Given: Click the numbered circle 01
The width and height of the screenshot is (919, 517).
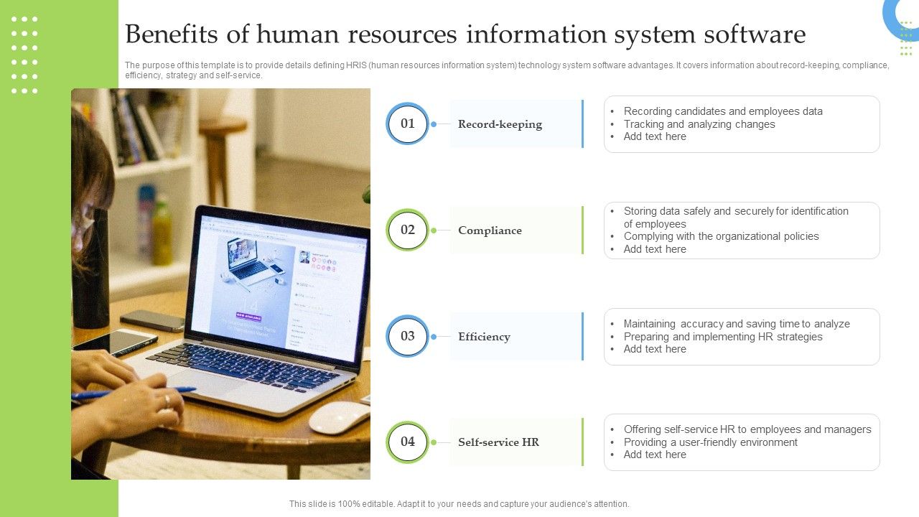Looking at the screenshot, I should click(408, 124).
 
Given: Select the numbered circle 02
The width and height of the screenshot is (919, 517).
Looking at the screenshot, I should click(408, 230).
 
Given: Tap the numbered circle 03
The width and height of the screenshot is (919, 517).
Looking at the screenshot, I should click(408, 336).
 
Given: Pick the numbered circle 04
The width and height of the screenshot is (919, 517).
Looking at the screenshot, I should click(408, 442).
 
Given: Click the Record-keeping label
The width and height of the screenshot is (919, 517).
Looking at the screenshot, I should click(500, 124).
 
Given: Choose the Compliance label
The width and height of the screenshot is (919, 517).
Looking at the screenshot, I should click(490, 230).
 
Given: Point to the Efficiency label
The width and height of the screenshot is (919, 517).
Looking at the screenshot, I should click(484, 337).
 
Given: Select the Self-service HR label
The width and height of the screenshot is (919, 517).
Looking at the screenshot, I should click(498, 442).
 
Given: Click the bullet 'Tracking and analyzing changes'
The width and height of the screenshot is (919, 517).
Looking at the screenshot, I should click(699, 124).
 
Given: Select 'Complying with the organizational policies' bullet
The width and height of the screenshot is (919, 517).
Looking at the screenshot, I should click(721, 236).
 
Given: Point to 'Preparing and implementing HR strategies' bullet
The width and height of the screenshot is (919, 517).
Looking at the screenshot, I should click(722, 337).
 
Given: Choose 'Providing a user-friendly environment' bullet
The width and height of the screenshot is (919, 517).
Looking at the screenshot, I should click(710, 442).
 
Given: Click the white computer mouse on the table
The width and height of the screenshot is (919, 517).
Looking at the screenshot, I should click(338, 416).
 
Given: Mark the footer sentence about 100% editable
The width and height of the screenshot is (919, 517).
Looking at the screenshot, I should click(459, 504).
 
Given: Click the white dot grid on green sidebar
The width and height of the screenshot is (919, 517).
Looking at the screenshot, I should click(24, 55).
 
